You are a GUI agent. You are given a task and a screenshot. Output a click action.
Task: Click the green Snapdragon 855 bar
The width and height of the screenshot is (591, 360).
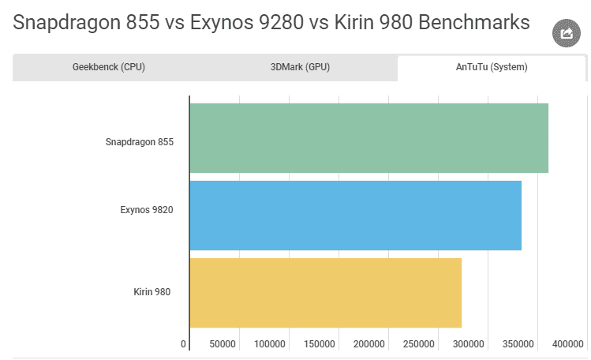[368, 138]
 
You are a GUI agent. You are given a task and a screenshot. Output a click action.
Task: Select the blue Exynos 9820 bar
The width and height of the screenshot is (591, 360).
[355, 216]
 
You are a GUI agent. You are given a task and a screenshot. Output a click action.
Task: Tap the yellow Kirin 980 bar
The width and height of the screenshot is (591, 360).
[325, 293]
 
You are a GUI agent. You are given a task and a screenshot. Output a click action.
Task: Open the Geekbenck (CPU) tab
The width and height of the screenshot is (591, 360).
[109, 67]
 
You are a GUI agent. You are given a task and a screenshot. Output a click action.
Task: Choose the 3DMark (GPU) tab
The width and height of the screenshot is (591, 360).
[300, 67]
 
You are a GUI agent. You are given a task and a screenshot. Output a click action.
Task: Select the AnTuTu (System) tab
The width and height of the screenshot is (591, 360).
[492, 67]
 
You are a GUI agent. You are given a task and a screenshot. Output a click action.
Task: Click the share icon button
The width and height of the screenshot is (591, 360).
[566, 33]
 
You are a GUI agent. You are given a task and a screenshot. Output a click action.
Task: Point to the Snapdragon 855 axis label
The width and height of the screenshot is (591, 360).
[140, 143]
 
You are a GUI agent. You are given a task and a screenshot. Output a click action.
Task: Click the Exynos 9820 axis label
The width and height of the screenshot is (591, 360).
[147, 210]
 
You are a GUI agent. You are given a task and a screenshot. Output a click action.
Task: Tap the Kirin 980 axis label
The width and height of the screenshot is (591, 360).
[152, 292]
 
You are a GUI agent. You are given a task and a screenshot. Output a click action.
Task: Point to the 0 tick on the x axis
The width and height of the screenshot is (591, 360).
[184, 344]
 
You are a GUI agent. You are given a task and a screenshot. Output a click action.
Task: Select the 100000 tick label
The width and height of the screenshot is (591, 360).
[270, 344]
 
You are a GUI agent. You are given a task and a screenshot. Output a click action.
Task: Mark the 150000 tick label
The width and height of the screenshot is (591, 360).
[320, 344]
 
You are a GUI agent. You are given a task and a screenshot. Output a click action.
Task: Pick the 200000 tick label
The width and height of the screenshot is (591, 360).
[369, 344]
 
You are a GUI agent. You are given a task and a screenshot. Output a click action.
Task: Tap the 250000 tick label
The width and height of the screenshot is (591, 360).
[419, 344]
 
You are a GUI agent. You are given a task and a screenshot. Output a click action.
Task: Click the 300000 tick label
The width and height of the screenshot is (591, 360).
[468, 344]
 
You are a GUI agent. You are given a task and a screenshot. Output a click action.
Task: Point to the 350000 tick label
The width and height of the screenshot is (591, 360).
[518, 344]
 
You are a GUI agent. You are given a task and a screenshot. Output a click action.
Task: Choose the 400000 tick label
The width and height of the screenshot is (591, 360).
[567, 344]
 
